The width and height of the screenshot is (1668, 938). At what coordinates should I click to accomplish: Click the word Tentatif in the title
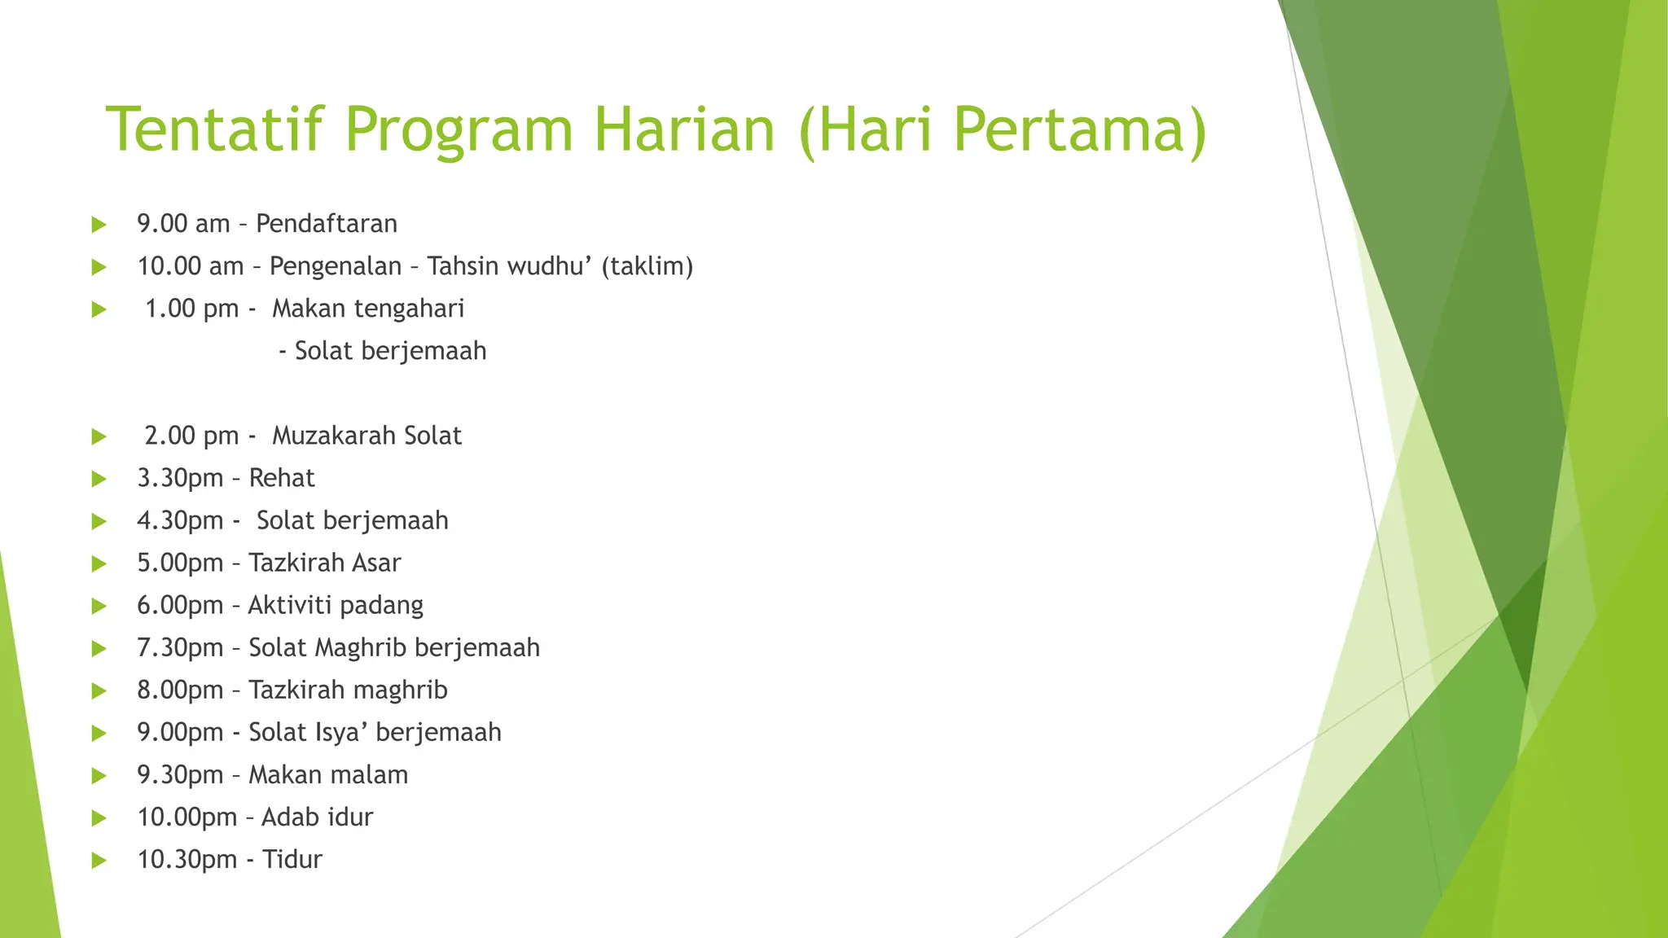point(215,129)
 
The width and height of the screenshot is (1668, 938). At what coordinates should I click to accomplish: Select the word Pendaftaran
point(327,224)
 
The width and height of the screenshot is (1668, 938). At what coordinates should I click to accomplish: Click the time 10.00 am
point(190,266)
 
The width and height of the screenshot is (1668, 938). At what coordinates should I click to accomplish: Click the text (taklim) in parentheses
point(647,266)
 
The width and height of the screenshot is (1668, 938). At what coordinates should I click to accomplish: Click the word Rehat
point(281,478)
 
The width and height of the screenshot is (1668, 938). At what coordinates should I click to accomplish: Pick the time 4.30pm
point(179,520)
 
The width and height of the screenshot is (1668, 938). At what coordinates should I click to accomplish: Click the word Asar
point(375,563)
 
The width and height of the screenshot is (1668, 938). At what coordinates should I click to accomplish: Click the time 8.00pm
point(179,690)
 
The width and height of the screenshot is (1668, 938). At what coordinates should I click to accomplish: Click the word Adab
point(286,817)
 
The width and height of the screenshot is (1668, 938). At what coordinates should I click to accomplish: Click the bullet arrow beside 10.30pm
point(99,860)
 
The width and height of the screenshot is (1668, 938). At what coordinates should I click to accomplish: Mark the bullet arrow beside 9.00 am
point(99,225)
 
